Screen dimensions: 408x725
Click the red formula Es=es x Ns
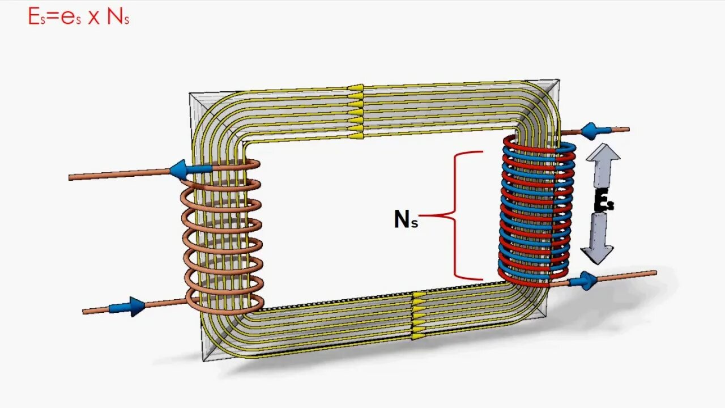79,16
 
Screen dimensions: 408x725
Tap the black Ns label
406,219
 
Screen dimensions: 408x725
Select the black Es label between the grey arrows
604,202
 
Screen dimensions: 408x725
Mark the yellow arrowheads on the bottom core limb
419,316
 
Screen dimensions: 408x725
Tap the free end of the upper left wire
71,178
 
